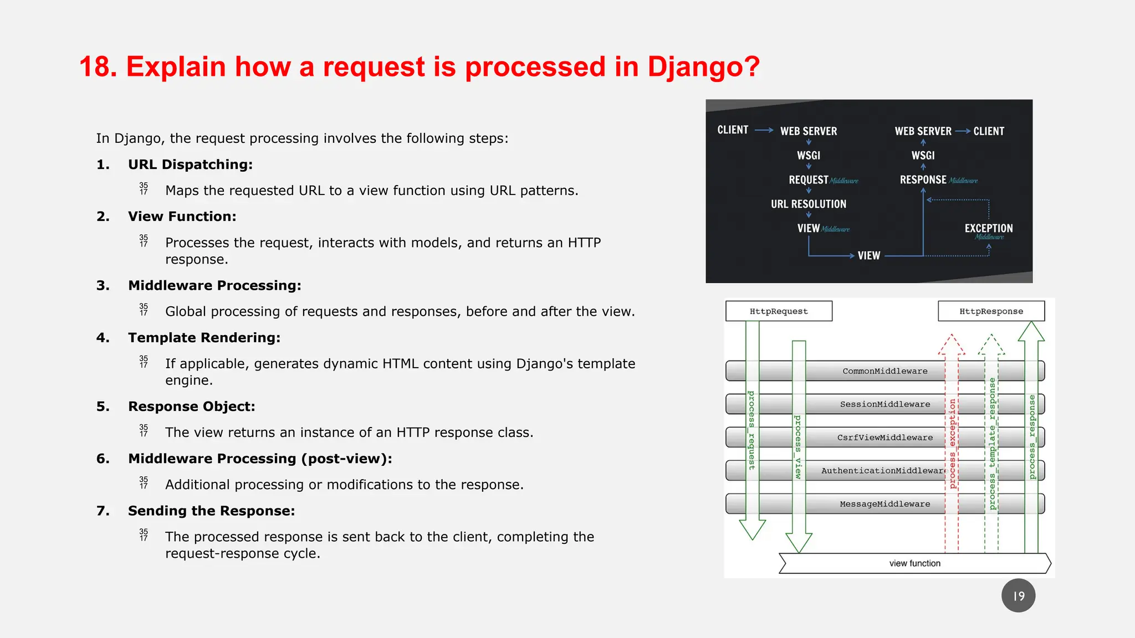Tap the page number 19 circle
tap(1018, 596)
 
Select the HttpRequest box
tap(779, 311)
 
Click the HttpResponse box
tap(991, 311)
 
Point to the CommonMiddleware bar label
tap(885, 371)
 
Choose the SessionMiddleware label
tap(885, 404)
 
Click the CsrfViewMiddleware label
tap(885, 438)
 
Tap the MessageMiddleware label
tap(885, 504)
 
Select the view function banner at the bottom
tap(914, 563)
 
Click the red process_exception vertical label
tap(952, 443)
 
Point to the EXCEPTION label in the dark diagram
tap(988, 228)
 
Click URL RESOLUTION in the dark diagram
tap(808, 204)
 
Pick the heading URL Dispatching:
tap(190, 164)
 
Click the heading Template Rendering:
tap(204, 338)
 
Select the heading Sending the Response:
tap(211, 511)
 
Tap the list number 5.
tap(103, 407)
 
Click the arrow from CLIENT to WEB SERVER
tap(764, 130)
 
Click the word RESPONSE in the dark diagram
tap(923, 180)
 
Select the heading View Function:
tap(182, 217)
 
